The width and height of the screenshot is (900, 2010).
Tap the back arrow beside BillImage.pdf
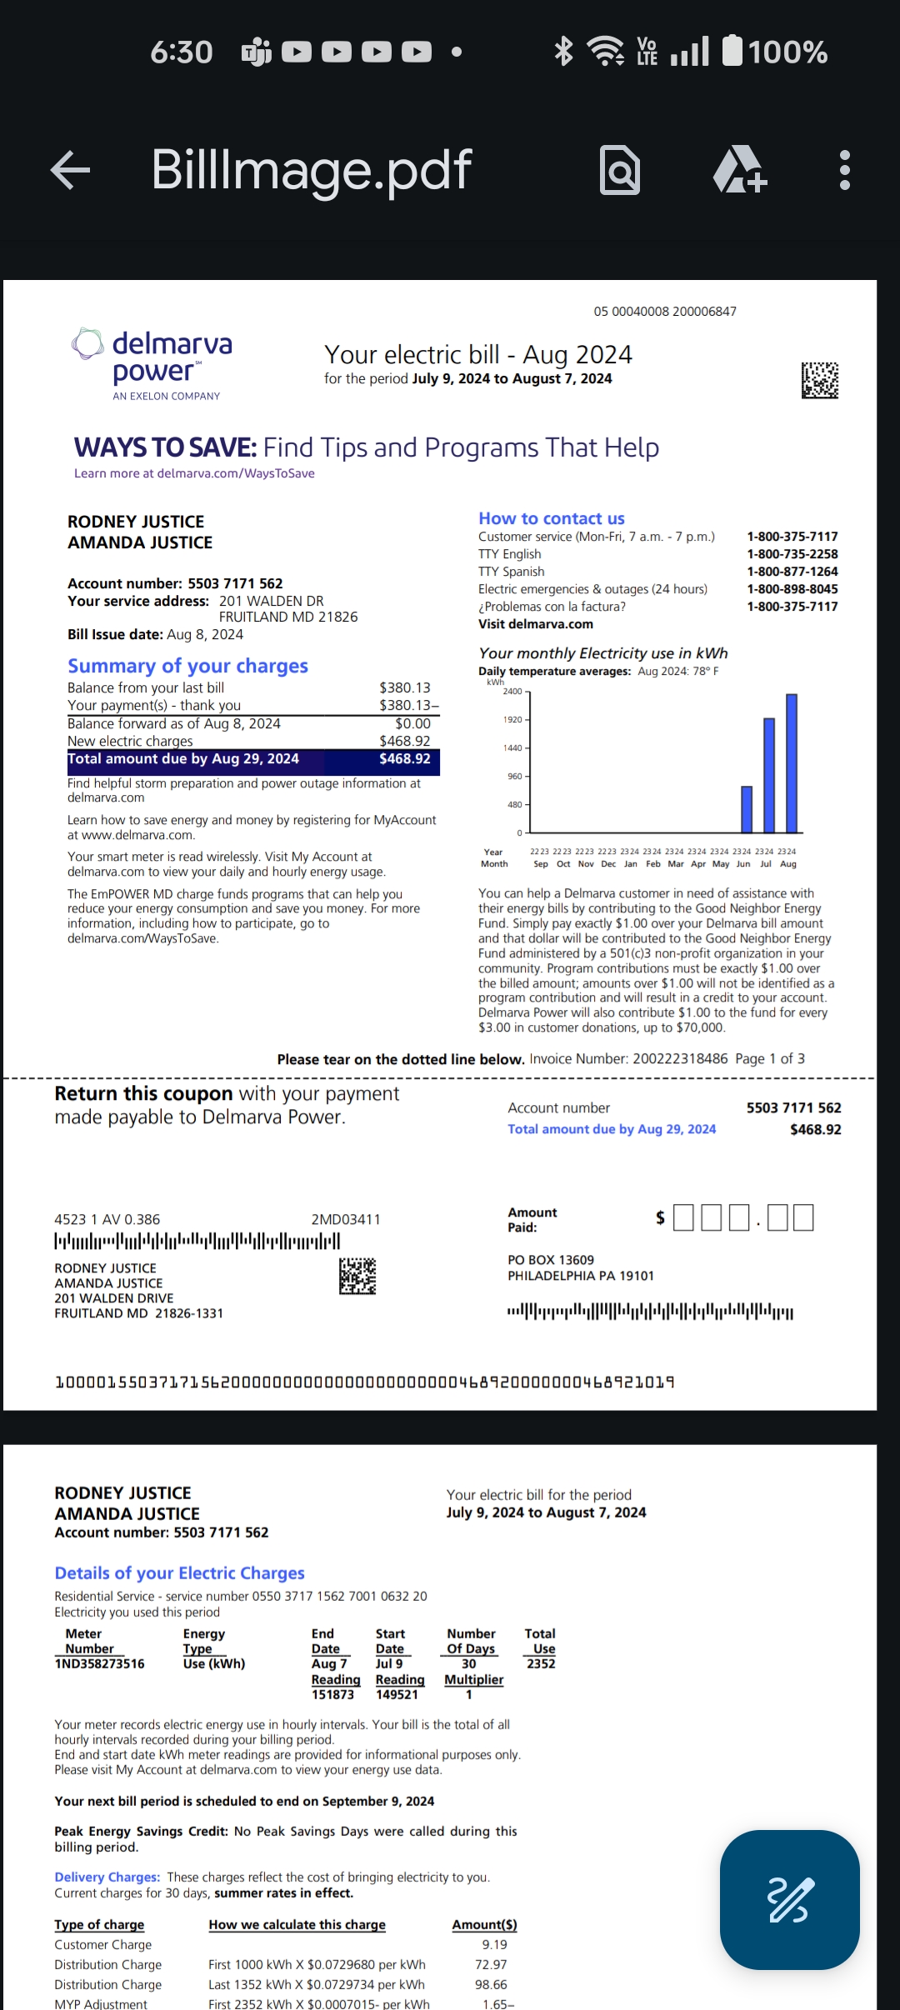(x=71, y=170)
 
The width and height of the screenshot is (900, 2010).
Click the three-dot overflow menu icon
(x=844, y=170)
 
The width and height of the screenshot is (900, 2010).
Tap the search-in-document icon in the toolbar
(x=620, y=170)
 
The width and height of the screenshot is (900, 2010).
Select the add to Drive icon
(x=739, y=170)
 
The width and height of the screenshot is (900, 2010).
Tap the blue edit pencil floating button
(x=789, y=1900)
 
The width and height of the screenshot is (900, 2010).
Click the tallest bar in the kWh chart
(x=792, y=762)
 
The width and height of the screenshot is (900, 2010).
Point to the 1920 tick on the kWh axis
(x=512, y=719)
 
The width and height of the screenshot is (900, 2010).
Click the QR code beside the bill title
(x=820, y=380)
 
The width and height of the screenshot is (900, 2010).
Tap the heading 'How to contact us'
(x=551, y=518)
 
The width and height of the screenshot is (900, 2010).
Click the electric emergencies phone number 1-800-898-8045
(x=792, y=589)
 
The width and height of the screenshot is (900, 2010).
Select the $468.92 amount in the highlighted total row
(x=405, y=759)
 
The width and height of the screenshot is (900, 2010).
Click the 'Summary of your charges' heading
(x=187, y=666)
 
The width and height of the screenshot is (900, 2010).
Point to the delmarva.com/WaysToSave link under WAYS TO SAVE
(x=235, y=473)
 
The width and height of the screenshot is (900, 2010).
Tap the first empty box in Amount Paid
(x=683, y=1217)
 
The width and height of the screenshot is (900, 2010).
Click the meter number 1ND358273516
(x=99, y=1663)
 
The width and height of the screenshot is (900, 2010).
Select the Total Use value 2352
(x=541, y=1663)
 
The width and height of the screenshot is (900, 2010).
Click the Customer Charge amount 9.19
(x=494, y=1944)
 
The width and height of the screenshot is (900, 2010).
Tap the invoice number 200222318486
(x=680, y=1058)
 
